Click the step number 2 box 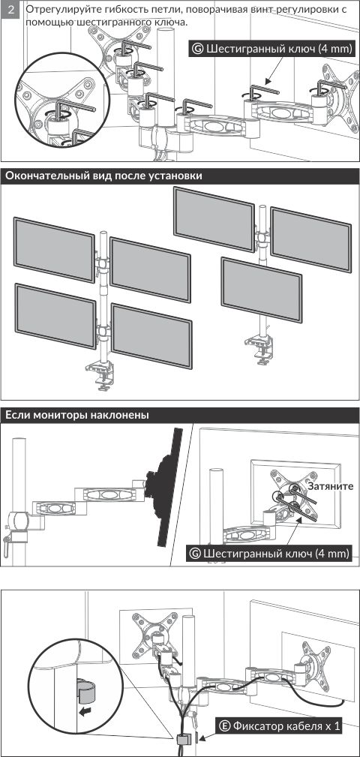(10, 9)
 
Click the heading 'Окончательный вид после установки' (103, 176)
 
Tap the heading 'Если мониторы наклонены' (76, 415)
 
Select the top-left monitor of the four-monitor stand (54, 250)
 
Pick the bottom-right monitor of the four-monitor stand (151, 335)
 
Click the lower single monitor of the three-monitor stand (262, 290)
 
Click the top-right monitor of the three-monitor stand (310, 239)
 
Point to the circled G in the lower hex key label (195, 553)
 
